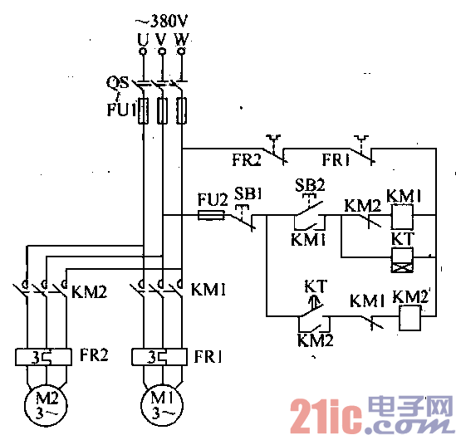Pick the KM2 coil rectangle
(409, 316)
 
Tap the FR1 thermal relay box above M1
(159, 359)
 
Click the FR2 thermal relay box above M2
(44, 359)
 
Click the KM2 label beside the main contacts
(89, 291)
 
